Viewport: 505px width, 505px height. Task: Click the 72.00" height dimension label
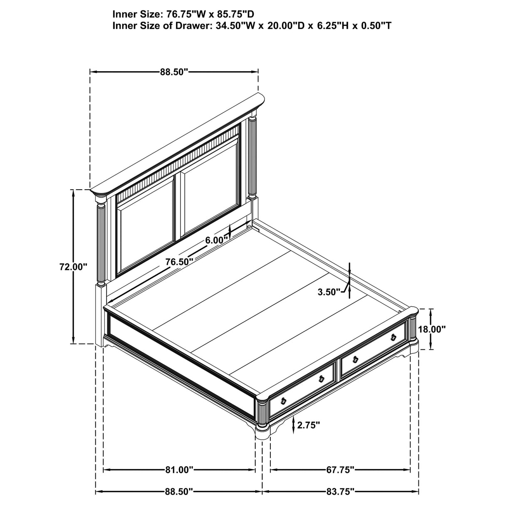point(73,267)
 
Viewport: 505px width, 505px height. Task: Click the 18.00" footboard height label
point(432,329)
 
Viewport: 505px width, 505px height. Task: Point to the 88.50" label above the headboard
point(174,72)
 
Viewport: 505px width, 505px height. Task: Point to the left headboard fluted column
point(101,245)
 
